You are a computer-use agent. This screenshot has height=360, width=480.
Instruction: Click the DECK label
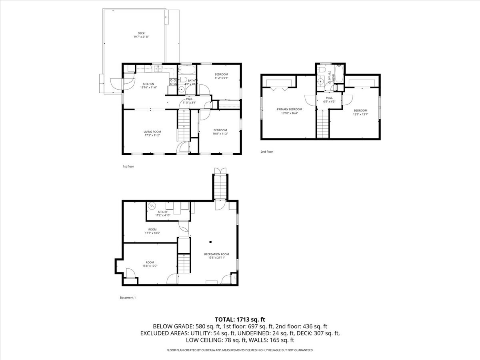pos(141,33)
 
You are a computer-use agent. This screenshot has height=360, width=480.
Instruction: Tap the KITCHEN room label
pos(149,84)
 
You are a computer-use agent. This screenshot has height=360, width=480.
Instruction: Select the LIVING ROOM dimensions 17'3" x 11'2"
pos(152,135)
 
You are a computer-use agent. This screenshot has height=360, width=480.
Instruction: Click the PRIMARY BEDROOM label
pos(289,109)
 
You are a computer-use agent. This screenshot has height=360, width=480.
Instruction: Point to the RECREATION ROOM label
pos(216,254)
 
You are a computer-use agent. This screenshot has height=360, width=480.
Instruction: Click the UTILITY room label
pos(163,212)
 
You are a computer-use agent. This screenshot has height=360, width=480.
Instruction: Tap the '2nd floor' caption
pos(266,152)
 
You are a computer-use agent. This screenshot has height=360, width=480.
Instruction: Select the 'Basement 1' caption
pos(128,298)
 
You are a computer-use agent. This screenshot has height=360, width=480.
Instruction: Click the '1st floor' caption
pos(128,166)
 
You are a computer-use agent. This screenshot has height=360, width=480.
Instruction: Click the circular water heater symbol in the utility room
pos(152,206)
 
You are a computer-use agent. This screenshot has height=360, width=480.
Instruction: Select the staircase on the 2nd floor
pos(322,124)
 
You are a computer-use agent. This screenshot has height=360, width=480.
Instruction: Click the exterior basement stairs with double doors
pos(220,188)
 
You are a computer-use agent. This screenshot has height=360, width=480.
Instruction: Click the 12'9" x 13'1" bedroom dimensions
pos(360,114)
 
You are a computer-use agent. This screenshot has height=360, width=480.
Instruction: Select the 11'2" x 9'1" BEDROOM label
pos(221,76)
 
